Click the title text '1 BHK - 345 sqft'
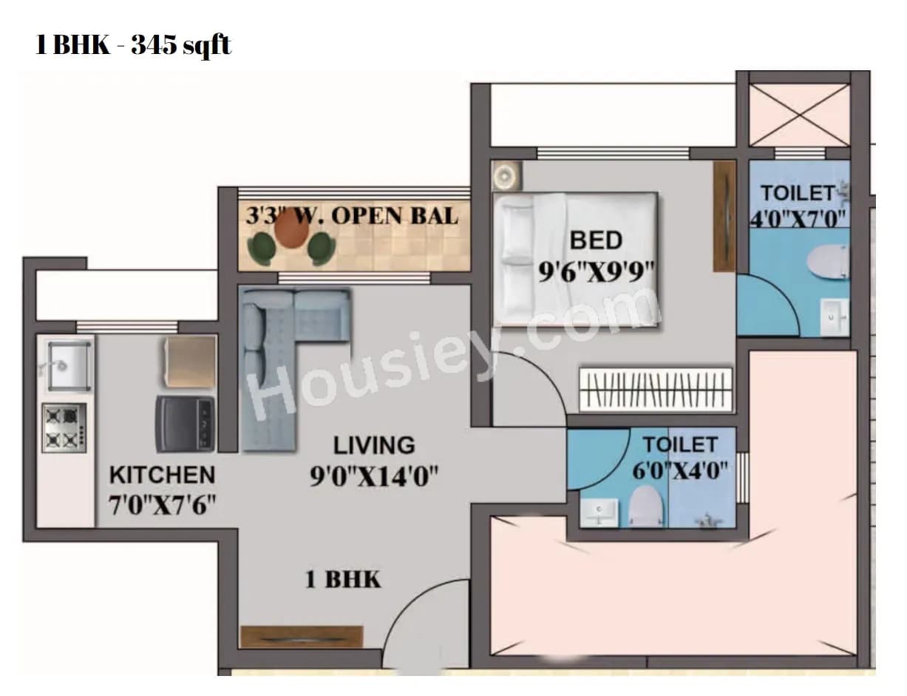point(134,45)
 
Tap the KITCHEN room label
point(162,475)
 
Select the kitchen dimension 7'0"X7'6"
point(162,507)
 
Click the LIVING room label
point(374,445)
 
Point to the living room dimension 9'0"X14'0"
point(375,477)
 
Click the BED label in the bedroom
point(596,240)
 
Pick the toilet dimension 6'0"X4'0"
point(680,470)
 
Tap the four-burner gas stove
point(64,428)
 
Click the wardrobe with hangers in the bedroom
point(656,389)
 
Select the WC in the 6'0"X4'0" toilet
point(645,507)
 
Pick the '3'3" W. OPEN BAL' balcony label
point(352,216)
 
